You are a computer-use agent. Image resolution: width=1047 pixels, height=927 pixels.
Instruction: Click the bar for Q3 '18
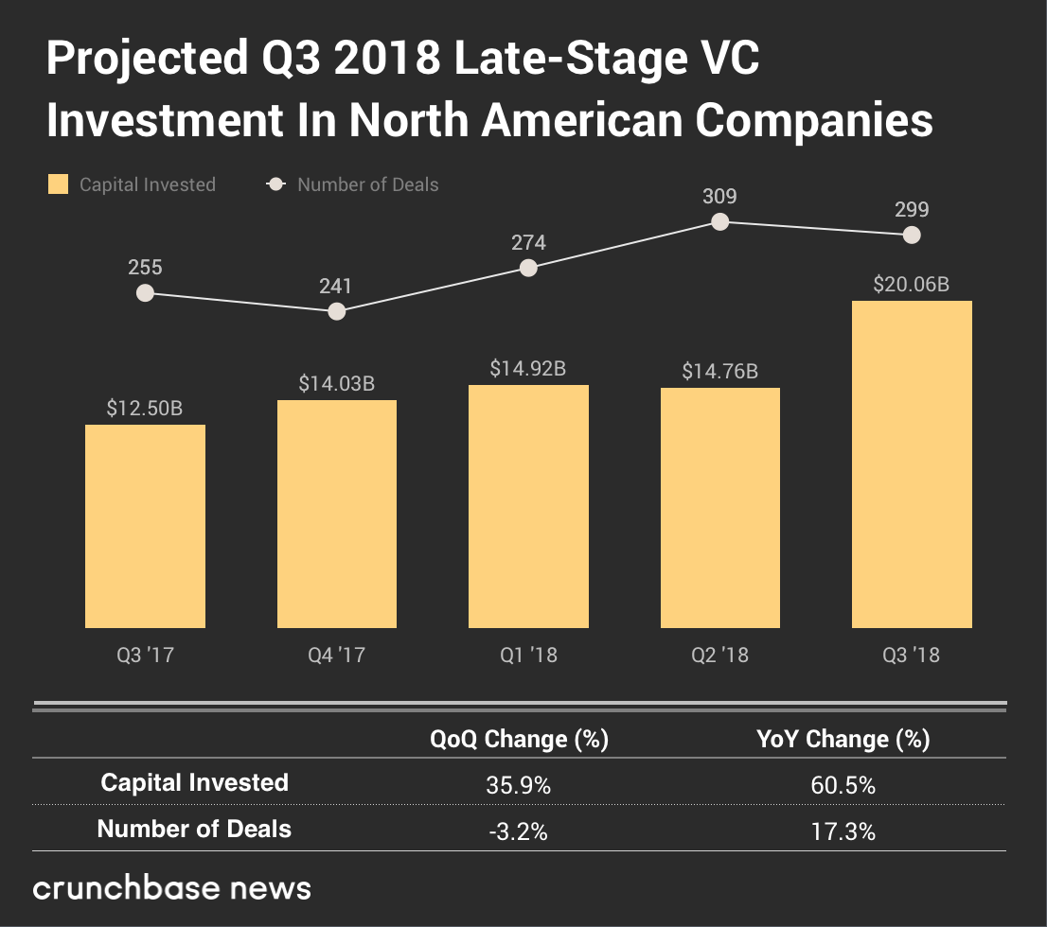[x=912, y=463]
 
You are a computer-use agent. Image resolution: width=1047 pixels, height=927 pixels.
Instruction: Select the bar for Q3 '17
[x=145, y=526]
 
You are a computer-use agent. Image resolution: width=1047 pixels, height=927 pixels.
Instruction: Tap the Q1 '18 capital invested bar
[x=528, y=506]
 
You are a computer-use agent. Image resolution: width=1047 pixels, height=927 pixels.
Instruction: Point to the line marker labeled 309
[x=719, y=221]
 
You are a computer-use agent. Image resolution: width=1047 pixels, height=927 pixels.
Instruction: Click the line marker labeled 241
[x=336, y=311]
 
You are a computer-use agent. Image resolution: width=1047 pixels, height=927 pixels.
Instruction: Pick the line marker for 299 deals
[x=912, y=235]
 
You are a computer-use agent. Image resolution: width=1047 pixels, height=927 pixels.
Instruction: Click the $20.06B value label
[x=911, y=283]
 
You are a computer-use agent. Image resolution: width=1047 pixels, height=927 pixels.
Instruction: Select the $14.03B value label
[x=336, y=383]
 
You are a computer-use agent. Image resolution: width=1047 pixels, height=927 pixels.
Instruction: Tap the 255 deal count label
[x=145, y=268]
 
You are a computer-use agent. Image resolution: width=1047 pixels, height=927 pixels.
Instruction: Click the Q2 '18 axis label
[x=719, y=655]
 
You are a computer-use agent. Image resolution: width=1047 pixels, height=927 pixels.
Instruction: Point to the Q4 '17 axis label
[x=336, y=655]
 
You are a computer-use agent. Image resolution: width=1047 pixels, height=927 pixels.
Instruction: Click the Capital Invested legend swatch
[x=58, y=184]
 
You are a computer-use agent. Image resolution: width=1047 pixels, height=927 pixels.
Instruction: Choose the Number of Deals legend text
[x=367, y=184]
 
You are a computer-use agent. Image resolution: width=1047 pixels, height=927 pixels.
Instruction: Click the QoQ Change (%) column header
[x=519, y=739]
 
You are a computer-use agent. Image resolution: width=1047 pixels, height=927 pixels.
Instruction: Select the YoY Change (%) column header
[x=843, y=739]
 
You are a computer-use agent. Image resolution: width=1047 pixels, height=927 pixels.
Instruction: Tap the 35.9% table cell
[x=519, y=784]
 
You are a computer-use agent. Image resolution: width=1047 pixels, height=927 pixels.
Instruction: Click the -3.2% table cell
[x=519, y=831]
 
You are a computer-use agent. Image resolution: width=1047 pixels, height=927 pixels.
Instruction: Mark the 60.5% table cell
[x=843, y=784]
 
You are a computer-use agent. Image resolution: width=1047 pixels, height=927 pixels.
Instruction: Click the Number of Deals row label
[x=194, y=830]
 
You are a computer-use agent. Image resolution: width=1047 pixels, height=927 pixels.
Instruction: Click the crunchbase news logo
[x=171, y=888]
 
